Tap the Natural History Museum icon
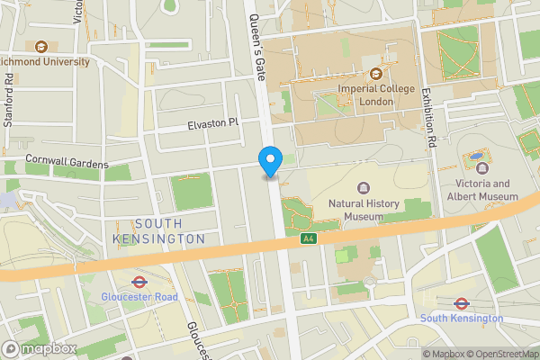coord(364,187)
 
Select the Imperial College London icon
coord(376,74)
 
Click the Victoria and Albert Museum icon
coord(481,167)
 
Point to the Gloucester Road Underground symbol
coord(139,281)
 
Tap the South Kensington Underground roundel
coord(462,303)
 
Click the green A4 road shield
coord(309,239)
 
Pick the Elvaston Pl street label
coord(213,122)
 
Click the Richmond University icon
coord(40,46)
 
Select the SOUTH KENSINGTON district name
coord(159,230)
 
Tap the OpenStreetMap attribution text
coord(495,354)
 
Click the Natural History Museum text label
coord(364,210)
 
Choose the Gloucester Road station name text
coord(139,297)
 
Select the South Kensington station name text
coord(462,319)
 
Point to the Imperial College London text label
coord(376,95)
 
